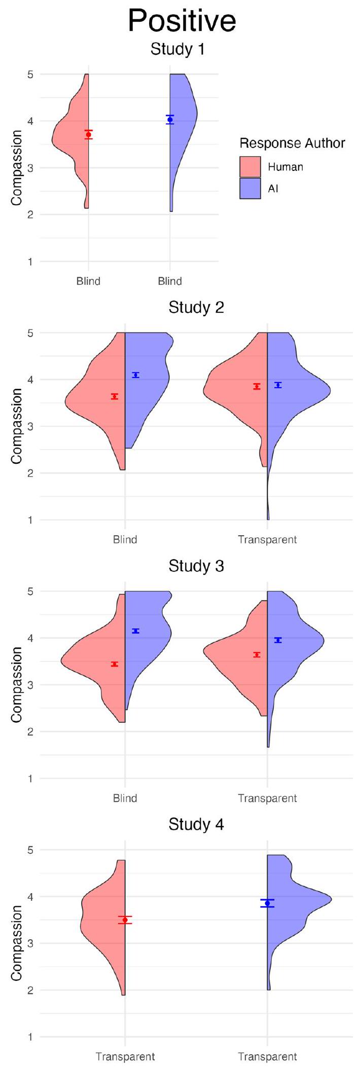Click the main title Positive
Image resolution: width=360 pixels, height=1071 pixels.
[182, 21]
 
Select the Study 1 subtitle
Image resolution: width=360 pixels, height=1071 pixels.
[177, 50]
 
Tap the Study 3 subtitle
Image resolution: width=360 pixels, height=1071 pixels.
[196, 566]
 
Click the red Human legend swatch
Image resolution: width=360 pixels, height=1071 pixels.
[250, 167]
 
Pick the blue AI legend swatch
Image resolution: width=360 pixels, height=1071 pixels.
[250, 189]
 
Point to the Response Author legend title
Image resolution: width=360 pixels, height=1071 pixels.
[292, 143]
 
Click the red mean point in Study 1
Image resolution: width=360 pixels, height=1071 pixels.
[88, 134]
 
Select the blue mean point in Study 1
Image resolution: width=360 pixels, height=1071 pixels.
[170, 120]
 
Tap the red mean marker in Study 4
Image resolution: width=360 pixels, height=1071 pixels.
[125, 919]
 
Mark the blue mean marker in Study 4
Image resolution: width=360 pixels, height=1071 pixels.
[267, 903]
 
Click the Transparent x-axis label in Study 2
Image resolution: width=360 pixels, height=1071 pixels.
[267, 540]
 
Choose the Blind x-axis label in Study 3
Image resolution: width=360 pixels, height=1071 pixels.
[125, 798]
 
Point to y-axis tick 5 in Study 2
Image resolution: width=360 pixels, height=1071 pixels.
[29, 333]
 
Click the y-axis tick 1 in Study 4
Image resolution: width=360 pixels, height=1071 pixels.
[29, 1037]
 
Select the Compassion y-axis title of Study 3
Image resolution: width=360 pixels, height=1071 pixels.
[17, 684]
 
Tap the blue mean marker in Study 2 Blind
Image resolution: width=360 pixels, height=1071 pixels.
[136, 375]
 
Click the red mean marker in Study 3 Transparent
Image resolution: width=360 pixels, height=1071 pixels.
[257, 654]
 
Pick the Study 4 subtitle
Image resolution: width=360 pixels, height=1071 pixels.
[196, 825]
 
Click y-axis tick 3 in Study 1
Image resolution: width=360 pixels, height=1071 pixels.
[29, 168]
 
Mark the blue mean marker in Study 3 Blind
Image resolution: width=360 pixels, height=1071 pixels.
[136, 631]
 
